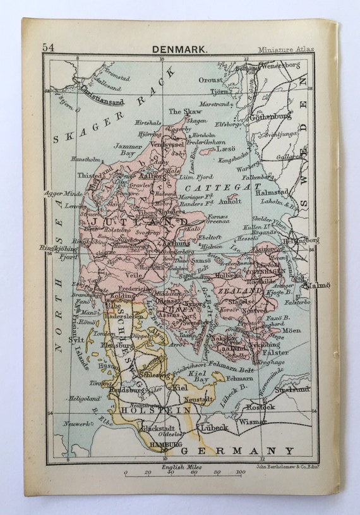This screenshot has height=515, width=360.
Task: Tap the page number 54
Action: click(48, 48)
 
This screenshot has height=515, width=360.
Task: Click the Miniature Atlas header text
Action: click(285, 49)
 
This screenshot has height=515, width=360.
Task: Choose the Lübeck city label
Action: click(214, 427)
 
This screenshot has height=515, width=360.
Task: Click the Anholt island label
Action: click(230, 202)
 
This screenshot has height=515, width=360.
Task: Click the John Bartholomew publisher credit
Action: click(282, 468)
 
